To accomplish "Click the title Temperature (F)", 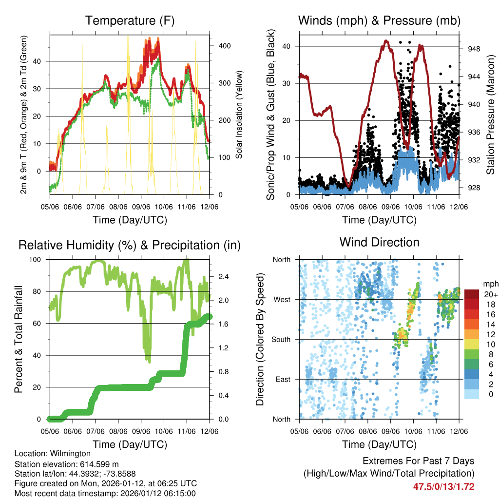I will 130,20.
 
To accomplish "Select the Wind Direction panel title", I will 379,242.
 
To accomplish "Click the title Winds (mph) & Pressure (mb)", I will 379,20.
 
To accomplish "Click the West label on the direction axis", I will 282,299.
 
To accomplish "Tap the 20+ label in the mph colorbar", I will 490,294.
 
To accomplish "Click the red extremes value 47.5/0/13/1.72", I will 443,486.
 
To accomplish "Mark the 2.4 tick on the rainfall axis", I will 222,276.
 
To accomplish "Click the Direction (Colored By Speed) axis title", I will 260,339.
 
